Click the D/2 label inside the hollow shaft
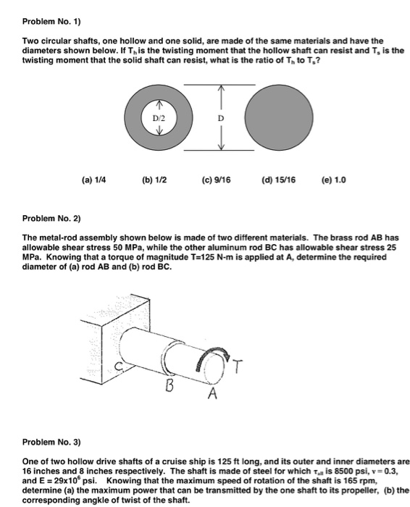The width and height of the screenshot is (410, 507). (x=158, y=115)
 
